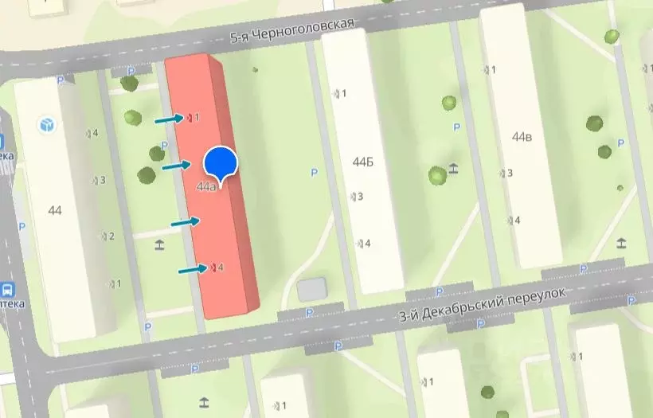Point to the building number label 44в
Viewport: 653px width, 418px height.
522,136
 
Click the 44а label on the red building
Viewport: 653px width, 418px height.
205,187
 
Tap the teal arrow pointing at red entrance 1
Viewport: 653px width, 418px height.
168,119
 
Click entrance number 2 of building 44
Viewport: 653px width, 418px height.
108,236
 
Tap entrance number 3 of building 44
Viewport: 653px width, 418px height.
99,180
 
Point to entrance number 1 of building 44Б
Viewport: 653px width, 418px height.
340,94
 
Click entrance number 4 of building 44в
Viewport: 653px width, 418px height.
513,220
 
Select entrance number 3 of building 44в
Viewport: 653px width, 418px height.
506,173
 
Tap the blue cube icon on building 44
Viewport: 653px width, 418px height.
47,124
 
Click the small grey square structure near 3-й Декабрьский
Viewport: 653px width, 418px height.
311,289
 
